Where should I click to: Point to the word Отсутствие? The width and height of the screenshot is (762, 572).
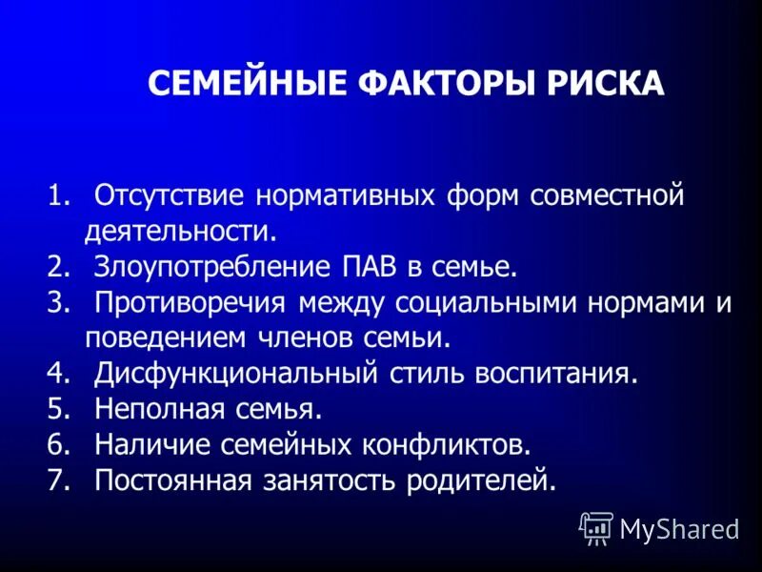pos(170,196)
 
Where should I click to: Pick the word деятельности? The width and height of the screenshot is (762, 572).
pos(180,232)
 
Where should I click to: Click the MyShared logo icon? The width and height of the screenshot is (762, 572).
pos(596,527)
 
